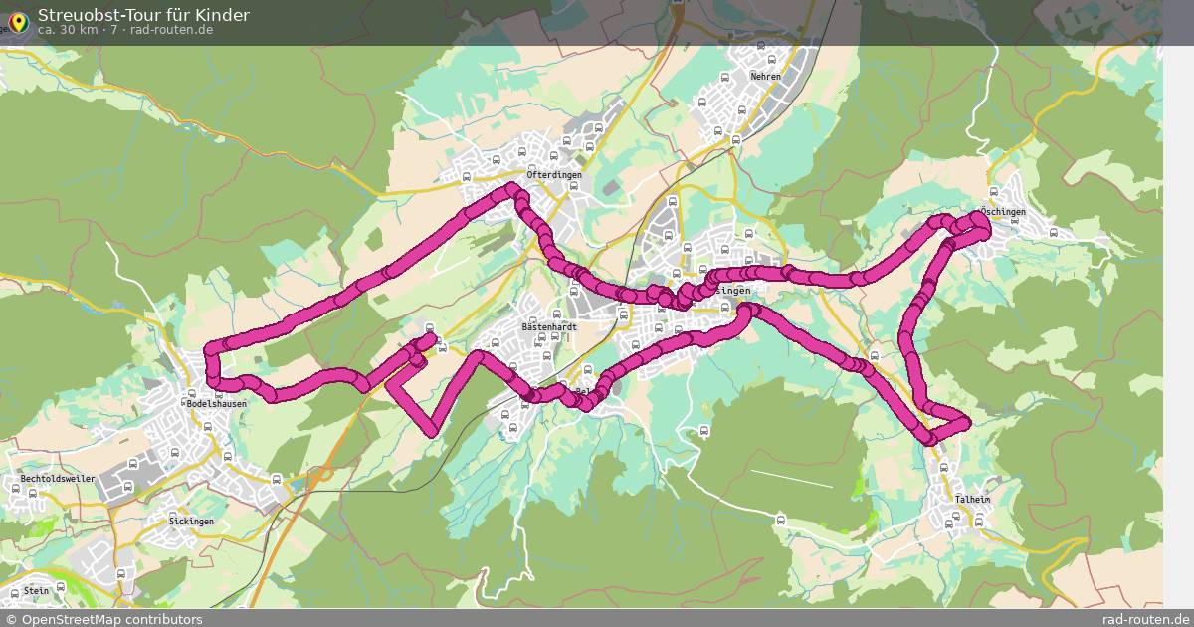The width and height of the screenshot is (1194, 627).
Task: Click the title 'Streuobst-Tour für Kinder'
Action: [x=143, y=15]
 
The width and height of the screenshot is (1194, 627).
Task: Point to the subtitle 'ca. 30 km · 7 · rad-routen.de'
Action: [x=125, y=30]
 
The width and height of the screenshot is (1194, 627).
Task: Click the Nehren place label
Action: [x=765, y=76]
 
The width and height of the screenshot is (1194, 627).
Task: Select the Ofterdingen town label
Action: [x=554, y=175]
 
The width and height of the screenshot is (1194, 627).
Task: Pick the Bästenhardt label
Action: [x=549, y=326]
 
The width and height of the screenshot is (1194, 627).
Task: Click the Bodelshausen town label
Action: [x=216, y=404]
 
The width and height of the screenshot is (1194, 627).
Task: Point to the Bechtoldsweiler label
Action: [x=58, y=479]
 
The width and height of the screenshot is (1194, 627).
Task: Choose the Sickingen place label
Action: [x=191, y=522]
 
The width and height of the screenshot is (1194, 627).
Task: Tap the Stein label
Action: [x=36, y=590]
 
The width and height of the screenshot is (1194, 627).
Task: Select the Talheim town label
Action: [x=972, y=500]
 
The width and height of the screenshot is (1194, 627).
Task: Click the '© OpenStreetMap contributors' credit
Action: [x=104, y=619]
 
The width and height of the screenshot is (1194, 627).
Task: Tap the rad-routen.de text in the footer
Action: [x=1145, y=619]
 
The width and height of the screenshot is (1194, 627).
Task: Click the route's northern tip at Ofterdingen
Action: [x=512, y=189]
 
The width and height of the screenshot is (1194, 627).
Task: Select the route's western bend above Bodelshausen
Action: [x=211, y=350]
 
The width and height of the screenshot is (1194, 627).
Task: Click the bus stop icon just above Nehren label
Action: [x=761, y=45]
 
